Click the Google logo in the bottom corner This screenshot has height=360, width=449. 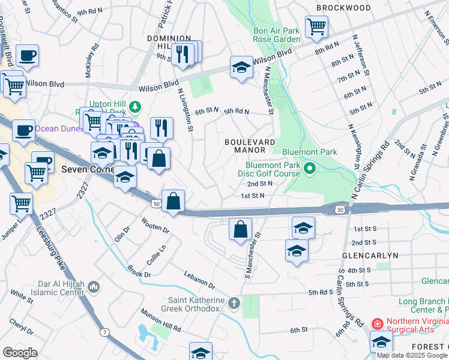point(20,352)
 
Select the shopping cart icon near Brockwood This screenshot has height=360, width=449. point(316,26)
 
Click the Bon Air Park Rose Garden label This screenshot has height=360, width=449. point(276,35)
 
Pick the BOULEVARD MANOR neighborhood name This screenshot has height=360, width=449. point(250,146)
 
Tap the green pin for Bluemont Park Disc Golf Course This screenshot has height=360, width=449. point(310,168)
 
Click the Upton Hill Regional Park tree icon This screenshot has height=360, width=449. point(136,106)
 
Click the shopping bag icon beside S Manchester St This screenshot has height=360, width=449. point(240,230)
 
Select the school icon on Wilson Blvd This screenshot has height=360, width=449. point(241,67)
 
